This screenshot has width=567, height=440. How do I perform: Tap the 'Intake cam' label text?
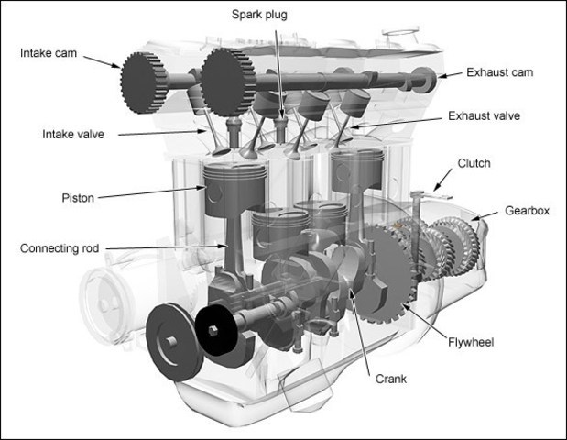[x=47, y=53]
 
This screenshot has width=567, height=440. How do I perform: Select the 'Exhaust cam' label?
[x=499, y=71]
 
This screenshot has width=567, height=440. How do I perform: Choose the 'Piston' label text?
[x=77, y=196]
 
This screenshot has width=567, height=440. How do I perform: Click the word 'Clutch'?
[x=474, y=164]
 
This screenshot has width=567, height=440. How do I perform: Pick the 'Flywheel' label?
[x=471, y=342]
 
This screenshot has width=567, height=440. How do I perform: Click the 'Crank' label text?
[x=390, y=378]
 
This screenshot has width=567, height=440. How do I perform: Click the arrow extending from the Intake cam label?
[x=100, y=60]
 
